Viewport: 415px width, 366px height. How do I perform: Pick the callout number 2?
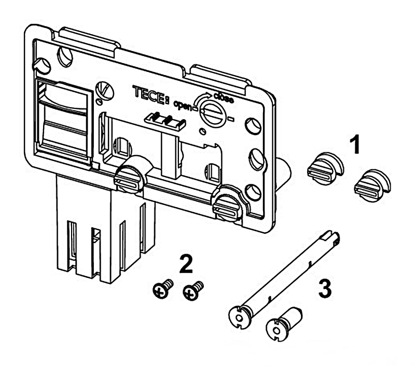(x=186, y=265)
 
